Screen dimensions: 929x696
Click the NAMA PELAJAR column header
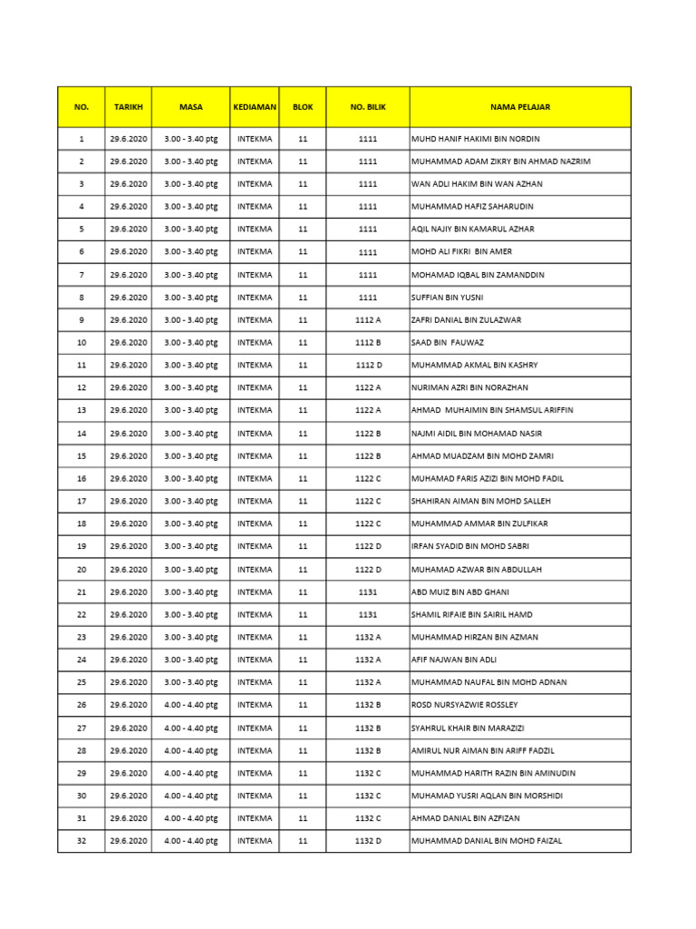520,107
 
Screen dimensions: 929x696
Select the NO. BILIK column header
367,107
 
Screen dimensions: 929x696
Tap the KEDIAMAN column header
254,107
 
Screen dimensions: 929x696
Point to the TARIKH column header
128,107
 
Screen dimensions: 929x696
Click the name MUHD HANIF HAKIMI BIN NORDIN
475,139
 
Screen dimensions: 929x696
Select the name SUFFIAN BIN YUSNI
447,298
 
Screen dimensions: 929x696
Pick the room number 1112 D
367,366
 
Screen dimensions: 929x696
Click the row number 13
82,411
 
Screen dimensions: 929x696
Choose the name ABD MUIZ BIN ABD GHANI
459,592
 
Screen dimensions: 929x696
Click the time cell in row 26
190,705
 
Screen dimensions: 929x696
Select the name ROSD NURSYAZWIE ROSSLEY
464,705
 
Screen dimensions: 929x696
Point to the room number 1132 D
367,841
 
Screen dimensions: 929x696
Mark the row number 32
82,841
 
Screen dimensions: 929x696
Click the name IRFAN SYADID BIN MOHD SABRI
469,547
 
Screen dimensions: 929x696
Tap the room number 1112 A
367,320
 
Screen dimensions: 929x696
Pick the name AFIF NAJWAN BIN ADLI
453,660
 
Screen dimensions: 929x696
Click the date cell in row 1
128,139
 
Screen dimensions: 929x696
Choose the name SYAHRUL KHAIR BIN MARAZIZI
467,728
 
